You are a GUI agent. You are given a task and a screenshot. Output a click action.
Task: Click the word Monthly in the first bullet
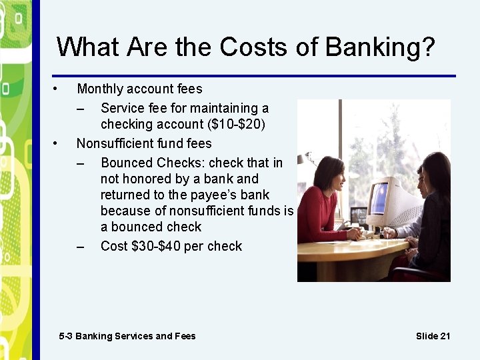pos(100,89)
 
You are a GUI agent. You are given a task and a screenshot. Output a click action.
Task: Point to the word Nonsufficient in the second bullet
pos(115,143)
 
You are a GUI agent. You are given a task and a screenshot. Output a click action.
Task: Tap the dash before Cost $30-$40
pos(81,246)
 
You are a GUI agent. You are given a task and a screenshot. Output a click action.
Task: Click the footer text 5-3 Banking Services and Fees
pos(127,336)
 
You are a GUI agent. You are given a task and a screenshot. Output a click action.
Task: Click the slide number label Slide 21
pos(433,336)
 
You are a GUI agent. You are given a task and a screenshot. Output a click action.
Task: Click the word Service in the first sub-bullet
pos(121,108)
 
